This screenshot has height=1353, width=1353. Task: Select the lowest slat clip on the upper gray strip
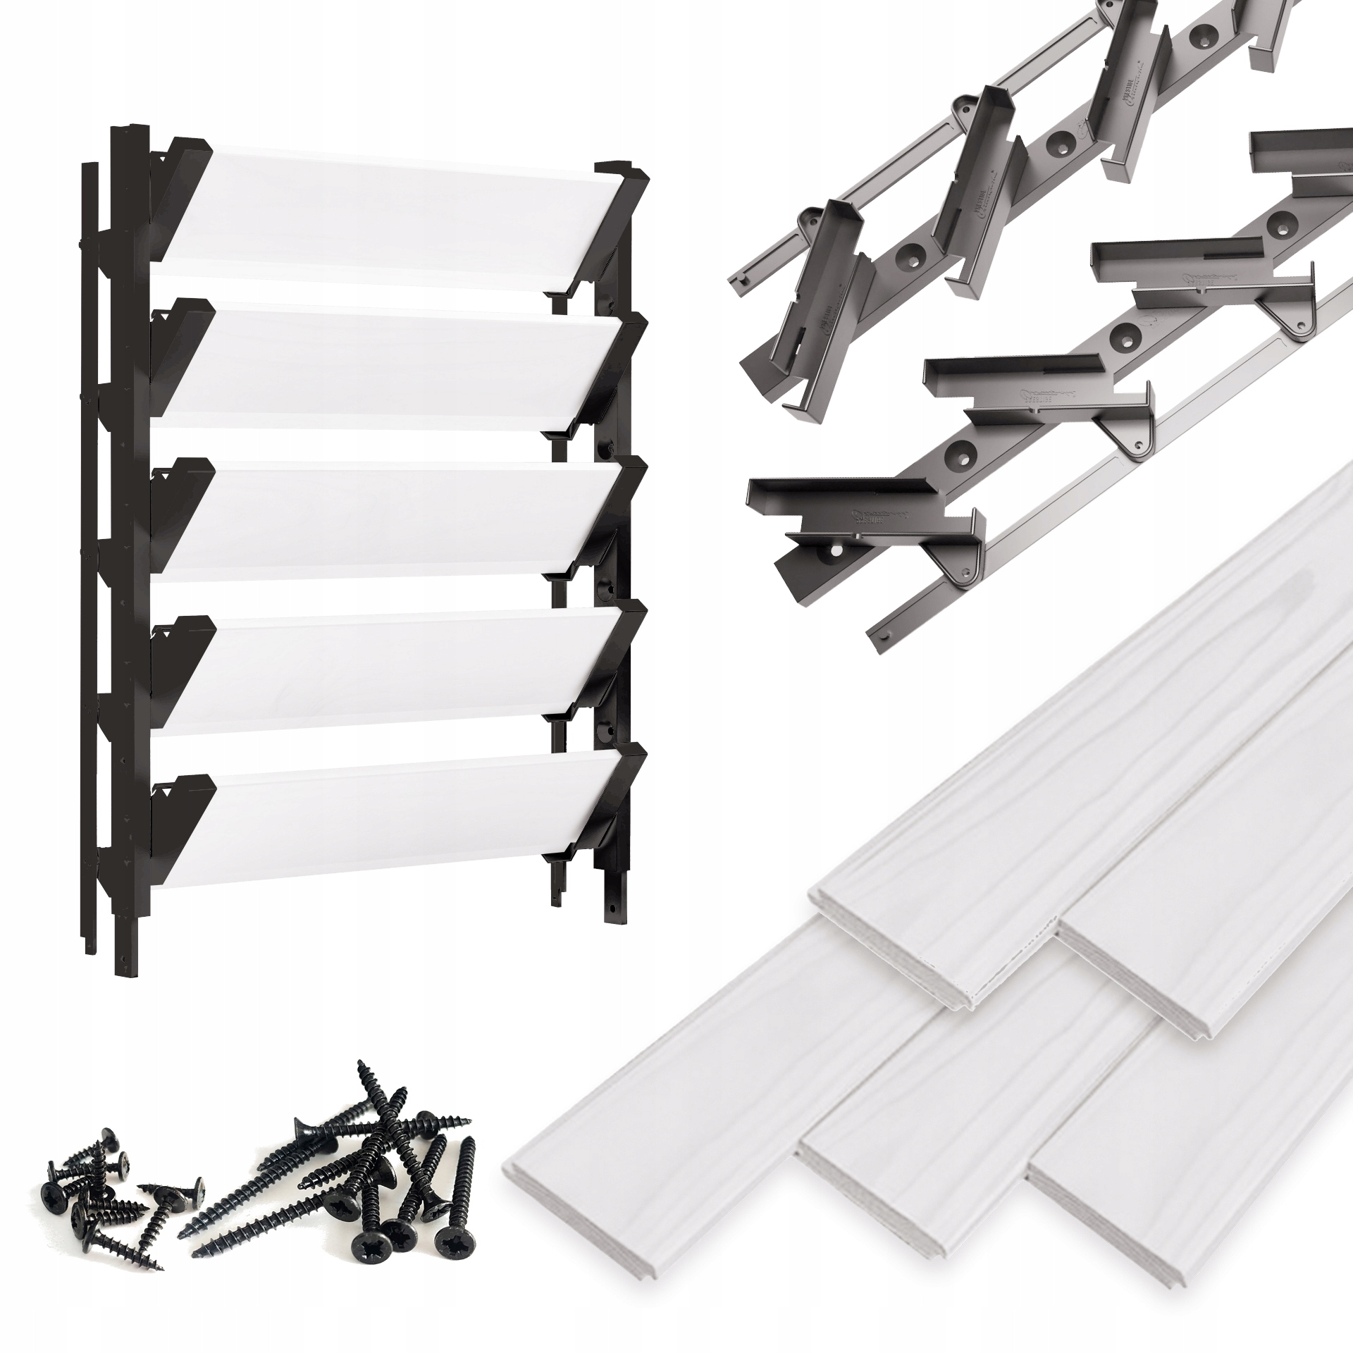pos(810,331)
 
